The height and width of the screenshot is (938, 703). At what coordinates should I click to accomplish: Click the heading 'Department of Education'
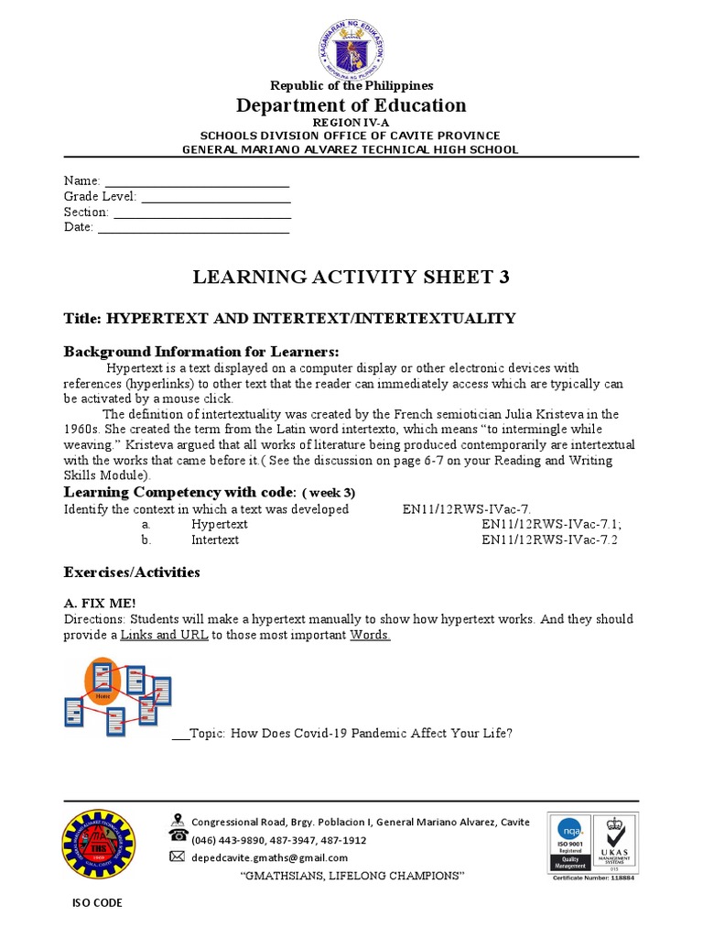[351, 105]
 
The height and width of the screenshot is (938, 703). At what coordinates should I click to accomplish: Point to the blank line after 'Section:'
[201, 213]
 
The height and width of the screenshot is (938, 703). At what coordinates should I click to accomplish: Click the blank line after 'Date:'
[193, 228]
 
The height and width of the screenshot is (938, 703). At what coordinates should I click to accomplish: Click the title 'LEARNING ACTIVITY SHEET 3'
[351, 278]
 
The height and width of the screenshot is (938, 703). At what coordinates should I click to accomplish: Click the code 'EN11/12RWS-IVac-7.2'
[550, 540]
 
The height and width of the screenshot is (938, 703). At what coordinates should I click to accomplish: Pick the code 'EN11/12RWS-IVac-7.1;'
[552, 525]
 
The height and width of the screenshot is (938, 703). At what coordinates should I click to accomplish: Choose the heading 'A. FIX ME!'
[99, 603]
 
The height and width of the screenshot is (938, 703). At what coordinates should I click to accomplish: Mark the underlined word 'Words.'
[371, 635]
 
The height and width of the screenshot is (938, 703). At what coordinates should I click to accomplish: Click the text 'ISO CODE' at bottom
[97, 903]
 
